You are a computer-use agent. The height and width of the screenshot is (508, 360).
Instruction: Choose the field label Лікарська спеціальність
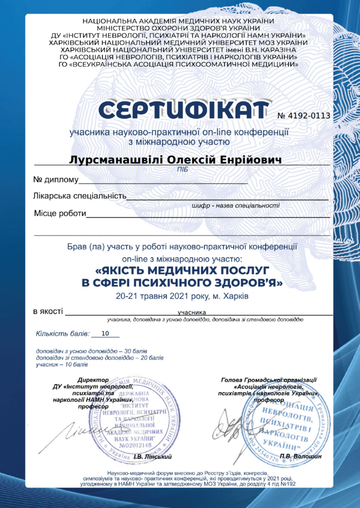coord(79,196)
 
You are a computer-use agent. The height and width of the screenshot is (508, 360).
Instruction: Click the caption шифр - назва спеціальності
coord(235,205)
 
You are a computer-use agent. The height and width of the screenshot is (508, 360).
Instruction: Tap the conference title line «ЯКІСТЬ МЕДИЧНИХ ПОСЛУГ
coord(182,271)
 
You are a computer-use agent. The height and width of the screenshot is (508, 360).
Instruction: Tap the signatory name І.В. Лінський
coord(155,456)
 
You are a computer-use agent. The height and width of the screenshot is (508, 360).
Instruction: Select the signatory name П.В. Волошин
coord(301,456)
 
